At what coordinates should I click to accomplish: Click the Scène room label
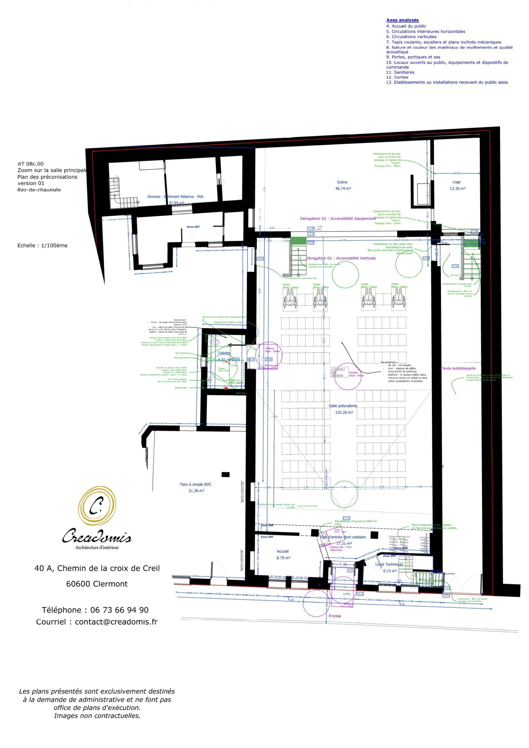[342, 182]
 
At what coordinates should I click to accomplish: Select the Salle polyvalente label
[343, 406]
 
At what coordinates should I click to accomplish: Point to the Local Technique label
[389, 564]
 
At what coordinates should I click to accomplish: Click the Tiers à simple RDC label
[195, 484]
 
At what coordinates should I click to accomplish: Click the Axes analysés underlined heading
[402, 20]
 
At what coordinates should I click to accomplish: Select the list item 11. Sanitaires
[400, 72]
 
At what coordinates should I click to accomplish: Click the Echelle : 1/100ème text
[42, 245]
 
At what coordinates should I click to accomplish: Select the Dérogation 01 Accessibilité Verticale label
[341, 258]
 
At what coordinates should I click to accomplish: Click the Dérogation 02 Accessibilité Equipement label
[337, 218]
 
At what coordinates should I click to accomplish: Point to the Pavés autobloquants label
[458, 368]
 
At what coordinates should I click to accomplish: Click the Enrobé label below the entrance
[335, 616]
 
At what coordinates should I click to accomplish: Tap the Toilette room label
[224, 353]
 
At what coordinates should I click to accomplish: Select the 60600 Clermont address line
[97, 584]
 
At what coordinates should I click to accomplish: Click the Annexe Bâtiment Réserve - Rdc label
[175, 196]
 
